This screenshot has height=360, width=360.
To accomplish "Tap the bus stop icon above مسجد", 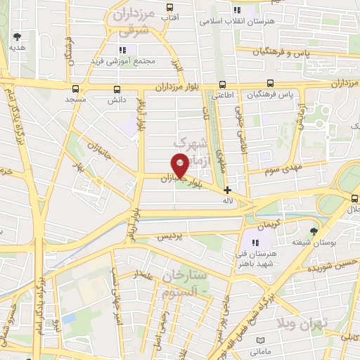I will pyautogui.click(x=75, y=89).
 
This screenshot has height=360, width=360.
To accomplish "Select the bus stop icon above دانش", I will pyautogui.click(x=116, y=89).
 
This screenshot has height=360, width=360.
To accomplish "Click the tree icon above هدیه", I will pyautogui.click(x=17, y=37).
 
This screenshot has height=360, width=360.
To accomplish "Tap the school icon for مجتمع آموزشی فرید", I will pyautogui.click(x=122, y=49).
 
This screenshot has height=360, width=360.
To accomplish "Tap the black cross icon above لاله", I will pyautogui.click(x=226, y=190).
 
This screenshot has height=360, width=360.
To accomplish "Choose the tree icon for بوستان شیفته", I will pyautogui.click(x=314, y=230).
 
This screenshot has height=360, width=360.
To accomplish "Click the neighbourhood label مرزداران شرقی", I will pyautogui.click(x=134, y=22).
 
